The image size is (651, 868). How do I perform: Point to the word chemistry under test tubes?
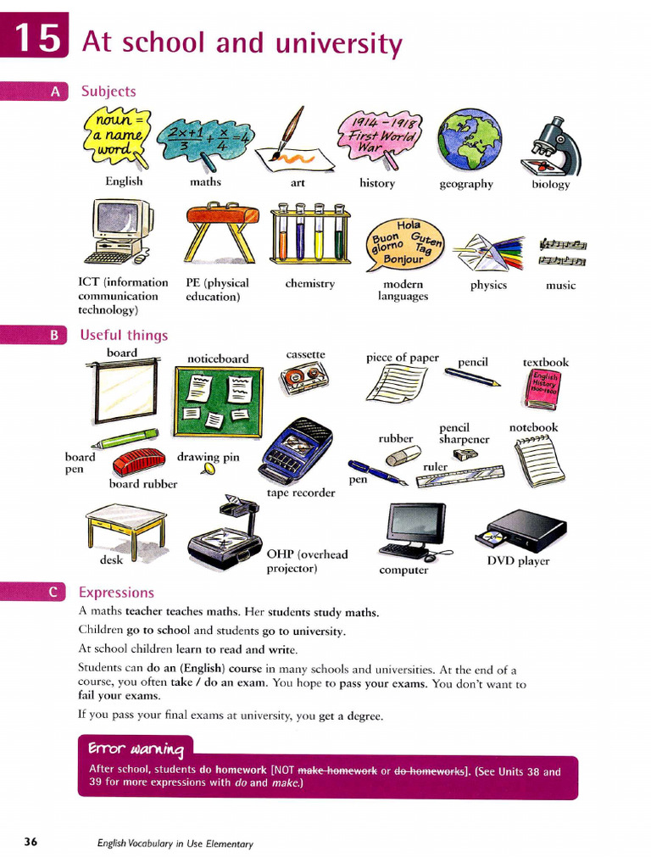pos(309,284)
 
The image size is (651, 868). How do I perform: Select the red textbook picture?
pos(543,389)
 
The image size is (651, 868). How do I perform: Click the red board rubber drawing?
pos(139,462)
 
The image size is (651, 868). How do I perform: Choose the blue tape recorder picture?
pos(296,452)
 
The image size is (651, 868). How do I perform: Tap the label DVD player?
pos(518,561)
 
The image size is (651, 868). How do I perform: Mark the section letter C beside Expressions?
pos(53,593)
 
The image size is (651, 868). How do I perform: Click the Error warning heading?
pos(135,748)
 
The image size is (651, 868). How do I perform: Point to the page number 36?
pos(31,842)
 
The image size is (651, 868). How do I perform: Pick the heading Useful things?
pos(124,335)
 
